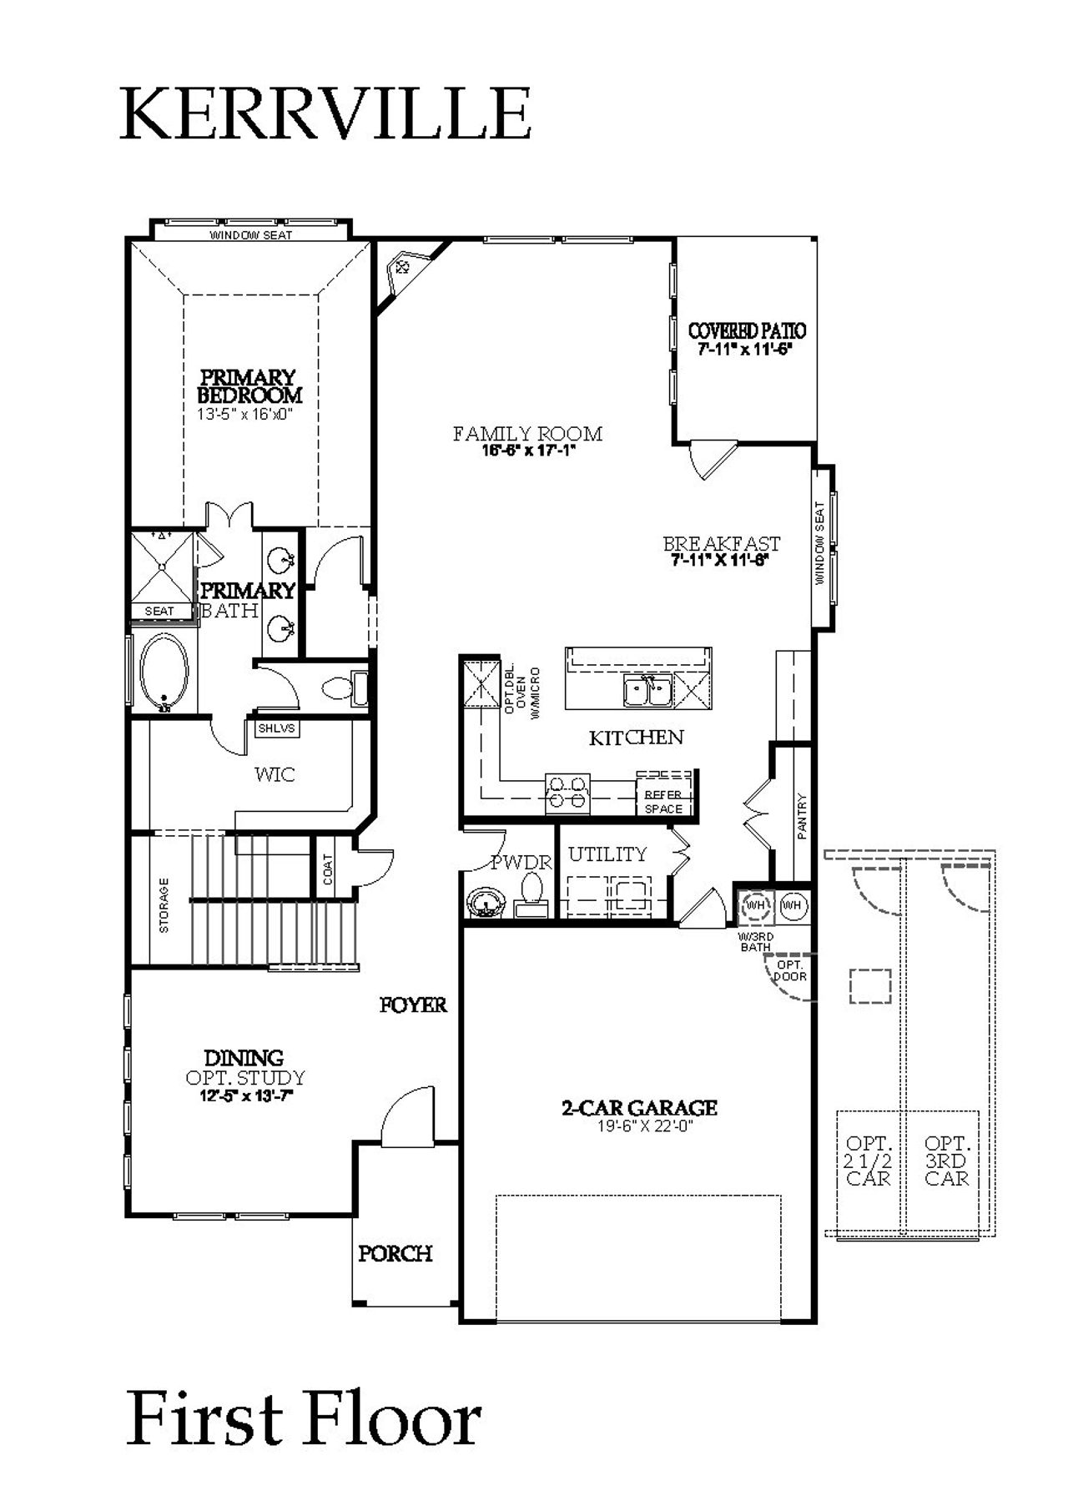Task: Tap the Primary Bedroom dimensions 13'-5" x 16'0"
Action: coord(247,414)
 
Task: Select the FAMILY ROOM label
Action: coord(527,433)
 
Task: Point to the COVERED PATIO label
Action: coord(747,331)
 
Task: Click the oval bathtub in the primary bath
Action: coord(164,673)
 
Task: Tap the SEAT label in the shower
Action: coord(159,611)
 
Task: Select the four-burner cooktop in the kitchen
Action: coord(567,793)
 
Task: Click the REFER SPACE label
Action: coord(663,802)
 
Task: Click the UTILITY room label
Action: coord(607,854)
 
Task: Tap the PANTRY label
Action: coord(802,815)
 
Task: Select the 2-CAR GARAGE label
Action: coord(638,1108)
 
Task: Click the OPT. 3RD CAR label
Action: coord(946,1161)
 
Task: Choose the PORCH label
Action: coord(395,1253)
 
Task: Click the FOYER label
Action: coord(413,1005)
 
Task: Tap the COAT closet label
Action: coord(328,869)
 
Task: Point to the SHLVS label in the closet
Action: coord(276,728)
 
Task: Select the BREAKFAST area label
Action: coord(722,543)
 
